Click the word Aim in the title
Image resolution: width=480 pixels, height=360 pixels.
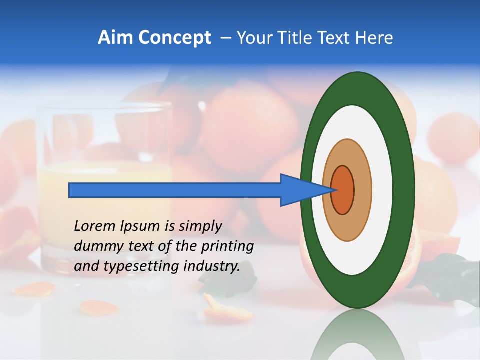pyautogui.click(x=116, y=38)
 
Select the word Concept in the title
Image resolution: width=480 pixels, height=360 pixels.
pyautogui.click(x=175, y=38)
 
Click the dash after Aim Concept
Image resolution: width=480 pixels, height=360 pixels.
pyautogui.click(x=225, y=38)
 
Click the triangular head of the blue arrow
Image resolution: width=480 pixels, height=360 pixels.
pyautogui.click(x=300, y=190)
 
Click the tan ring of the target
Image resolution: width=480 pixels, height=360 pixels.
pyautogui.click(x=362, y=190)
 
